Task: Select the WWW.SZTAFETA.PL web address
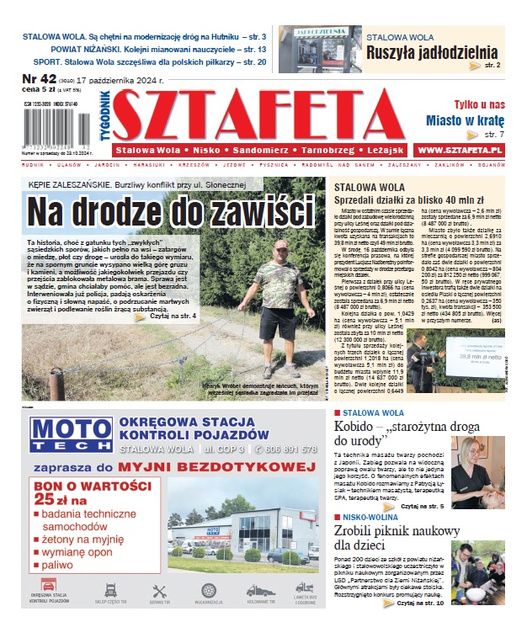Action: tap(460, 149)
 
